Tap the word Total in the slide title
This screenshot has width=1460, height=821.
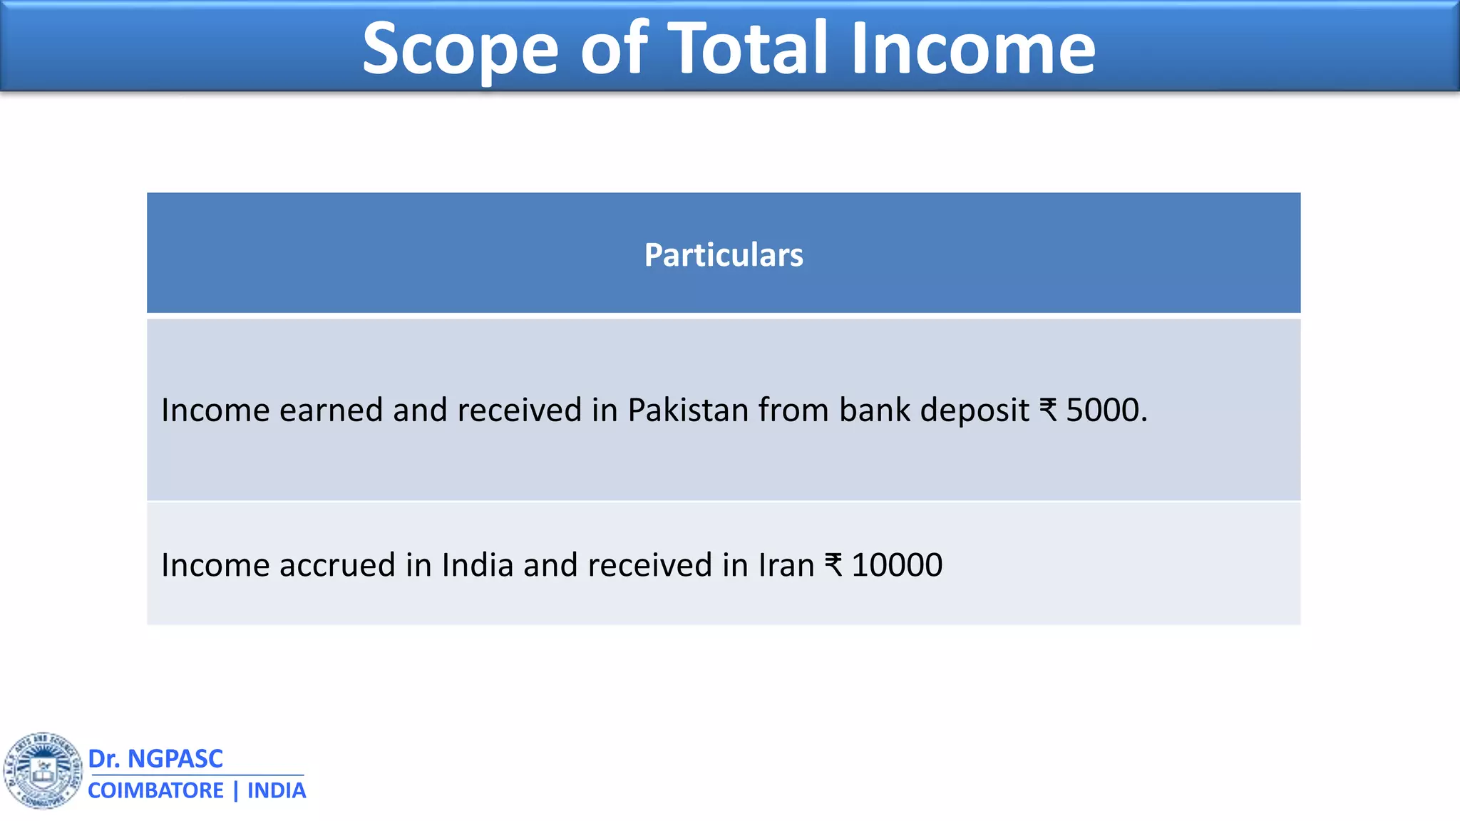tap(748, 48)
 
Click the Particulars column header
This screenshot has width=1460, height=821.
tap(724, 254)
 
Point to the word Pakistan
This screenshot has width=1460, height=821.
tap(687, 410)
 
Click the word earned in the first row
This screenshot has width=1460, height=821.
tap(331, 410)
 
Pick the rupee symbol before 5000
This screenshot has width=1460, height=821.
tap(1048, 410)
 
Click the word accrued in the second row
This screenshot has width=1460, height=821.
tap(336, 565)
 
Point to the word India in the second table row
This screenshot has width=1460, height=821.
tap(477, 565)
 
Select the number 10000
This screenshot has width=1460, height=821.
tap(897, 565)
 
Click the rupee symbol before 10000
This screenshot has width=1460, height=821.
tap(833, 565)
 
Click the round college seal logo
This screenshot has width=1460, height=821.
tap(43, 770)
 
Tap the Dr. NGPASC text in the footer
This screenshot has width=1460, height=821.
tap(155, 758)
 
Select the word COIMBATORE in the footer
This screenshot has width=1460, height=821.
tap(155, 790)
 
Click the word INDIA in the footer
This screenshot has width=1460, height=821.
tap(277, 790)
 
